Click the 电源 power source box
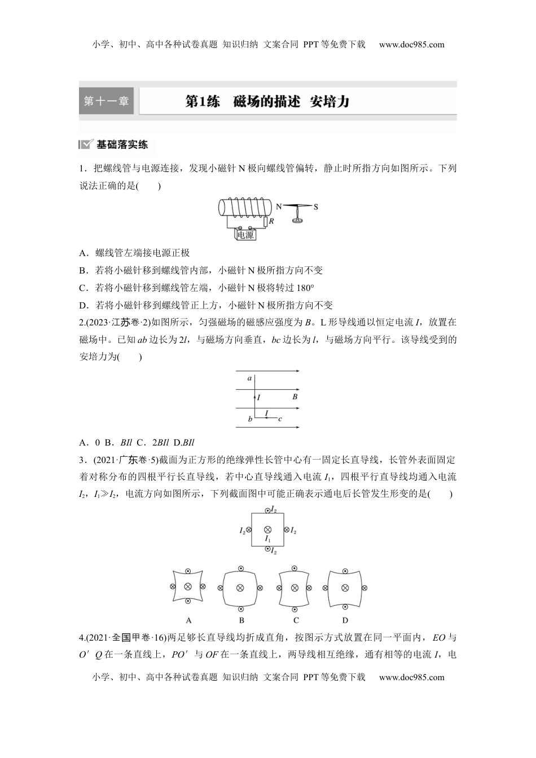245,235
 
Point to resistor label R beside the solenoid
271,222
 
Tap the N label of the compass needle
278,207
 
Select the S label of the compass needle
316,207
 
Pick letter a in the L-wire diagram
249,378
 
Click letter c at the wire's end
280,418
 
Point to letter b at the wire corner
250,419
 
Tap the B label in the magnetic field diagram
295,397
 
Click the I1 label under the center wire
268,539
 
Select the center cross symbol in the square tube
268,530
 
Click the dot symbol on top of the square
268,509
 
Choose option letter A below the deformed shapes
188,620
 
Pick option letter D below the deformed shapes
345,620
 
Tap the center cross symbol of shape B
241,588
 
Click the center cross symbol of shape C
294,588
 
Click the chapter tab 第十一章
107,102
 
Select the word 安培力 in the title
330,102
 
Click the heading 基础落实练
122,144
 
